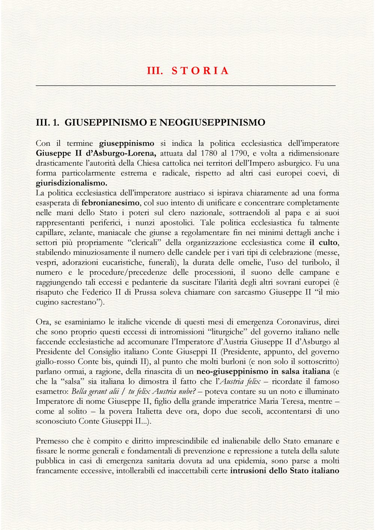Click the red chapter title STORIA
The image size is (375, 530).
point(200,71)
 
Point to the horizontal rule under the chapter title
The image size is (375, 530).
point(186,86)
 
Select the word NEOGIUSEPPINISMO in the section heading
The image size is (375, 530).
point(212,123)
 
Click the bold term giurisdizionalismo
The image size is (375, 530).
point(72,183)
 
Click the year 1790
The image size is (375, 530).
point(240,153)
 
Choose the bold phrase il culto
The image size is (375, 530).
point(324,243)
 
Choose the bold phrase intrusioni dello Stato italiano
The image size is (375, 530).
point(285,470)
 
